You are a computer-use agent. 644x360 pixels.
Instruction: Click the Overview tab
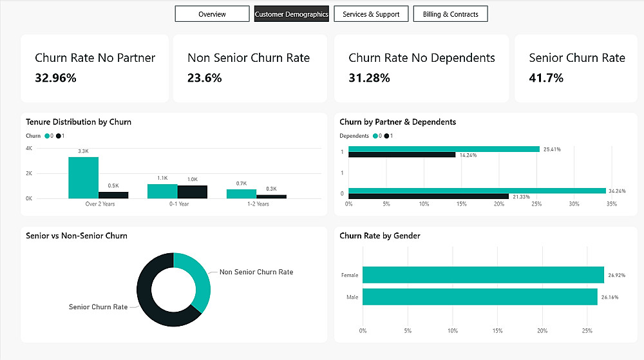coord(212,14)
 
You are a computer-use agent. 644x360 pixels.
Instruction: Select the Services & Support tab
coord(371,14)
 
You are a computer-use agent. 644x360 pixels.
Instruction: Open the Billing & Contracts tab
coord(451,14)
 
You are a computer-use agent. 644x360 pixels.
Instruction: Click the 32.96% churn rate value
coord(55,78)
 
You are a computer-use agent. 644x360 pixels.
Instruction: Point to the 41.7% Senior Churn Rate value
coord(546,78)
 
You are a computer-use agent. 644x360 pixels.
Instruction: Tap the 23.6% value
coord(205,78)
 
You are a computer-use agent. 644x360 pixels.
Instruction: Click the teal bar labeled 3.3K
coord(84,177)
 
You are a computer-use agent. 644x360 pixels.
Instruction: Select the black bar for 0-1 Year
coord(193,191)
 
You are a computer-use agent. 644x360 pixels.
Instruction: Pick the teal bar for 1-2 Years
coord(241,193)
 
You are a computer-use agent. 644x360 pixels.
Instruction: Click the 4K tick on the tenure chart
coord(29,148)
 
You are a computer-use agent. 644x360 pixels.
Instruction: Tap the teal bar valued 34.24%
coord(477,191)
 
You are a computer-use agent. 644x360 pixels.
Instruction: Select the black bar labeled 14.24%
coord(402,155)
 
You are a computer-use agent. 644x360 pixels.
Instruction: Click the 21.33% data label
coord(522,196)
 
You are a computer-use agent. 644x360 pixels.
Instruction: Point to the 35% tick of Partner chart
coord(612,204)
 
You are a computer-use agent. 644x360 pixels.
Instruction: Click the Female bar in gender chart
coord(483,275)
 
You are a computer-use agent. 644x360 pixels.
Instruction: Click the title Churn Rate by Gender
coord(379,236)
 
